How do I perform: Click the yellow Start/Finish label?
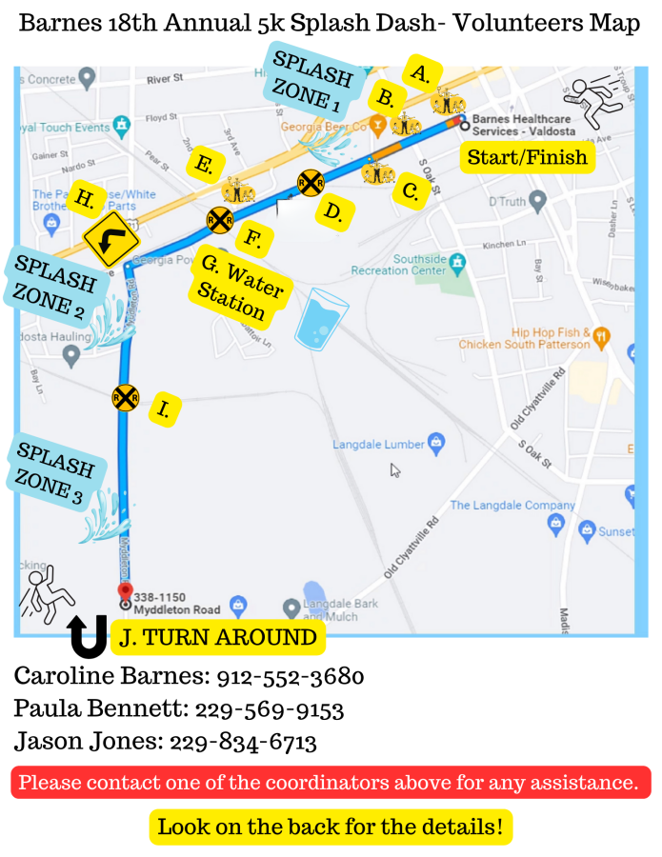(527, 156)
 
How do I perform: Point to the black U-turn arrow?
(89, 637)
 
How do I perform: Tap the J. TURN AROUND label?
(218, 638)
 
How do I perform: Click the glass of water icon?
(320, 322)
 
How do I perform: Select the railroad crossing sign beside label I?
(125, 397)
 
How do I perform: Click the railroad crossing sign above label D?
(310, 182)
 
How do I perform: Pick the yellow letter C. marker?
(411, 190)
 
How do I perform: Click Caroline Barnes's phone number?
(291, 677)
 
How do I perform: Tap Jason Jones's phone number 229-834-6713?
(255, 742)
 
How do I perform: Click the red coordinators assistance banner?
(330, 783)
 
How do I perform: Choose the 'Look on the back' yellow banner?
(330, 827)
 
